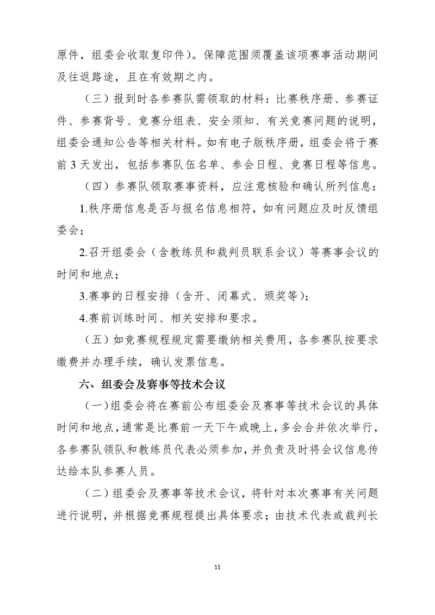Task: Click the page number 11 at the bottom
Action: [x=217, y=568]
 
